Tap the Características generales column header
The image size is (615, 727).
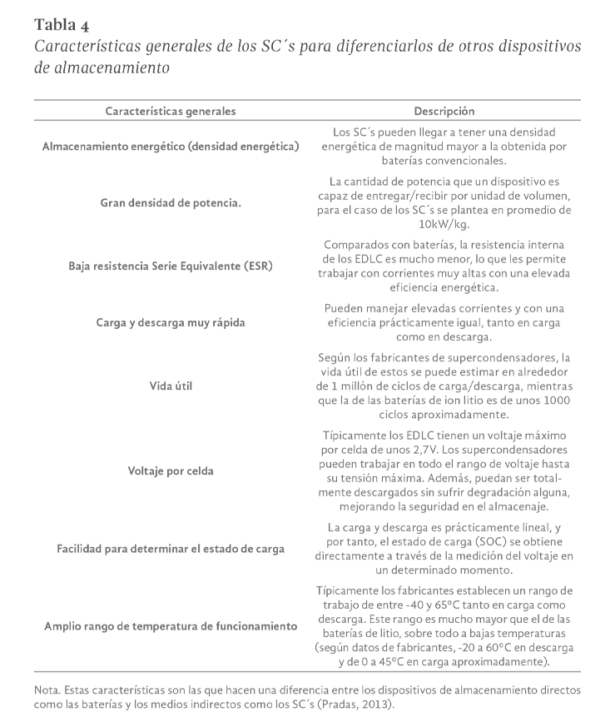[171, 111]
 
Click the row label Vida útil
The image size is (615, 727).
[171, 385]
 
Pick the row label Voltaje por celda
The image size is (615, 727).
[171, 471]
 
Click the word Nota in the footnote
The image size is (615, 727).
[47, 690]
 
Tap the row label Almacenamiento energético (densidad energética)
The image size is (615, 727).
[171, 147]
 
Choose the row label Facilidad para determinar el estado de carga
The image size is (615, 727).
[171, 548]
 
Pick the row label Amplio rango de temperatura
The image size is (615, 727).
[171, 626]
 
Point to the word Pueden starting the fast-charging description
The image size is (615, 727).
[344, 306]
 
